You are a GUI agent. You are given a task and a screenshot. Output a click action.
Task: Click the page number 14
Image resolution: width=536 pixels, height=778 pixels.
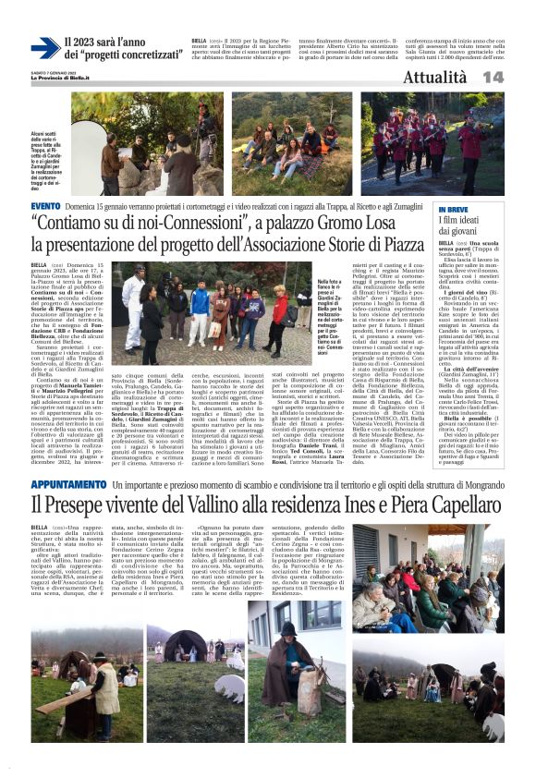(518, 77)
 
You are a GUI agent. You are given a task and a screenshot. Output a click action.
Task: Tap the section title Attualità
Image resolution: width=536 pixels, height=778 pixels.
(467, 77)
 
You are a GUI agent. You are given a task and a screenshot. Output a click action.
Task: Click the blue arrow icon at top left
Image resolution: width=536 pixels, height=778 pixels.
(44, 47)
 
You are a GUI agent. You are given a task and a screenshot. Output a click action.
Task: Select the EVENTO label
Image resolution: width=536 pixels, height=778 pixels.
(45, 205)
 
